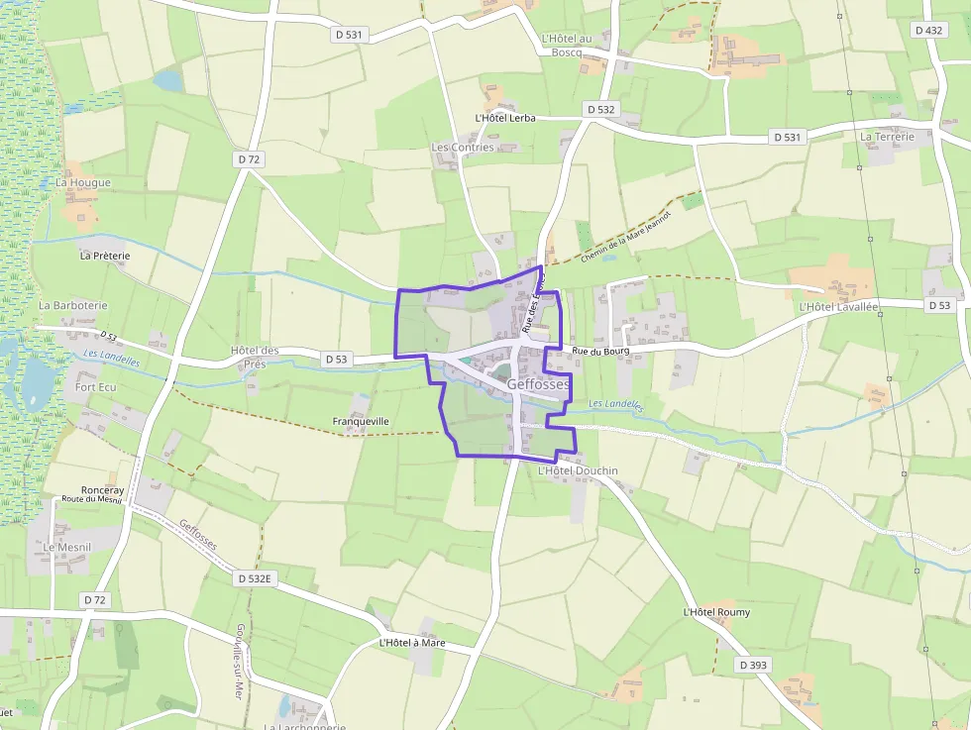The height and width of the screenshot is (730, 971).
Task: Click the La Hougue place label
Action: [83, 182]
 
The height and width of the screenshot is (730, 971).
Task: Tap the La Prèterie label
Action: [105, 256]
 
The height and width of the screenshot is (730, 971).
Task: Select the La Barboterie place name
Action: [73, 306]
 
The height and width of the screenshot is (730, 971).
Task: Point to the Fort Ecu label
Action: [96, 386]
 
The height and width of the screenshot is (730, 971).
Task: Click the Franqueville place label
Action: [361, 421]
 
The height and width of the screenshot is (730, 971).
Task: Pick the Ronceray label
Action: [103, 489]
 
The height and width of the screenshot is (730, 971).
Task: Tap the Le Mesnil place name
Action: [67, 547]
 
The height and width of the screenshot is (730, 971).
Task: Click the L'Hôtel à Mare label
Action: [412, 643]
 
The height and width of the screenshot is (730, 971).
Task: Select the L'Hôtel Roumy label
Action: [716, 612]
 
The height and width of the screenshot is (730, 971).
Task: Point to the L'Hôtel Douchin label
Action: [577, 470]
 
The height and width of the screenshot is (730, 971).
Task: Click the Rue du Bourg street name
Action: [601, 351]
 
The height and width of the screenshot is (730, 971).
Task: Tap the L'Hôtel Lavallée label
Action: [838, 308]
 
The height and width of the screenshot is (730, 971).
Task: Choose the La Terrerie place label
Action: [887, 137]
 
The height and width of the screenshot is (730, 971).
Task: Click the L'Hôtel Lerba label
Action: [505, 118]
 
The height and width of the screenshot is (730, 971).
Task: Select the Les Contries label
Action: [463, 148]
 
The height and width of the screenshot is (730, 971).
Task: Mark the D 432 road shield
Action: [929, 30]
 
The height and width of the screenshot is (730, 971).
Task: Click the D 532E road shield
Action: [255, 576]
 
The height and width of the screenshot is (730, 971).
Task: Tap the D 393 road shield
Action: [753, 666]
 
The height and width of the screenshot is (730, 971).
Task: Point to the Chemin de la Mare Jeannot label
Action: [626, 237]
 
